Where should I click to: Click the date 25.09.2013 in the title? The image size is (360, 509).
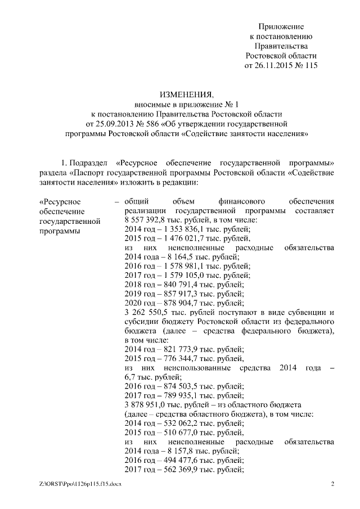click(111, 124)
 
